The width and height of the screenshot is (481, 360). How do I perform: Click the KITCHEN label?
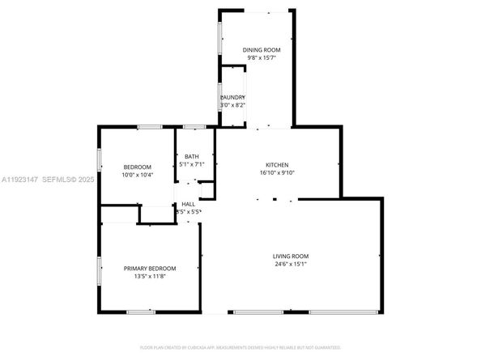pyautogui.click(x=278, y=164)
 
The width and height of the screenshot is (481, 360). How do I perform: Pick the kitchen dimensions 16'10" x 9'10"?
pyautogui.click(x=278, y=172)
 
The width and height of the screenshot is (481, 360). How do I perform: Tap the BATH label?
pyautogui.click(x=191, y=156)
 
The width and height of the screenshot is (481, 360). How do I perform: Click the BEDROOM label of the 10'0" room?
pyautogui.click(x=137, y=167)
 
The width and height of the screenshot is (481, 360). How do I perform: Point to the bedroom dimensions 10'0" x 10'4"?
pyautogui.click(x=137, y=175)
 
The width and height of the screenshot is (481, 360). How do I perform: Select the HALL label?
pyautogui.click(x=188, y=204)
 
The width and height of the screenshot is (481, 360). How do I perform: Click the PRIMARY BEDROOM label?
pyautogui.click(x=149, y=268)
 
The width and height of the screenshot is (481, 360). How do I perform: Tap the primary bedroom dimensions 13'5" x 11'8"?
pyautogui.click(x=149, y=276)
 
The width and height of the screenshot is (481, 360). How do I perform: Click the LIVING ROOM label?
pyautogui.click(x=290, y=256)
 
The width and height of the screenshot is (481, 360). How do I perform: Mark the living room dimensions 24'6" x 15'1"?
pyautogui.click(x=290, y=265)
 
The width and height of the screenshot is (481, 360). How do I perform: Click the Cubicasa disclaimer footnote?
pyautogui.click(x=240, y=347)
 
